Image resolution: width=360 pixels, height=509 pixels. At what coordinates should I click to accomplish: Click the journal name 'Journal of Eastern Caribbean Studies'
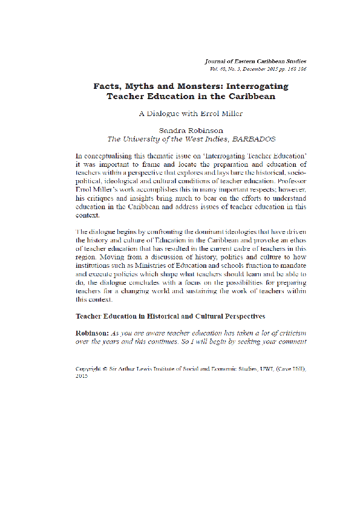tap(255, 61)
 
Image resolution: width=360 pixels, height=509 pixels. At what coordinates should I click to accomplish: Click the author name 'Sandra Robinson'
tap(191, 130)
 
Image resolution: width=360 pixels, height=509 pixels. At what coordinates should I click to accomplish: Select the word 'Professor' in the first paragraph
tap(290, 181)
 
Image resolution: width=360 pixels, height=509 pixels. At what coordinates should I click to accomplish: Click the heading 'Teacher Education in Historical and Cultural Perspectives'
tap(170, 316)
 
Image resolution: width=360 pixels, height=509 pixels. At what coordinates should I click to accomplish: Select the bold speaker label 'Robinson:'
tap(91, 333)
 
